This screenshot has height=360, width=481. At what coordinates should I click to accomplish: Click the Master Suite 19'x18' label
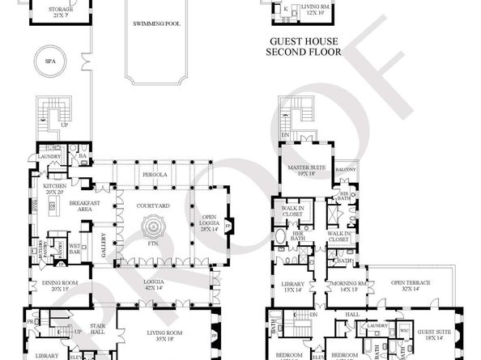[308, 169]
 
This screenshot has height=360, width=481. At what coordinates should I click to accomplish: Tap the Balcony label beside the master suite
[346, 169]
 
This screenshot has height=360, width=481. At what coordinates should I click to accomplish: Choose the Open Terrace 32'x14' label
[411, 286]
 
